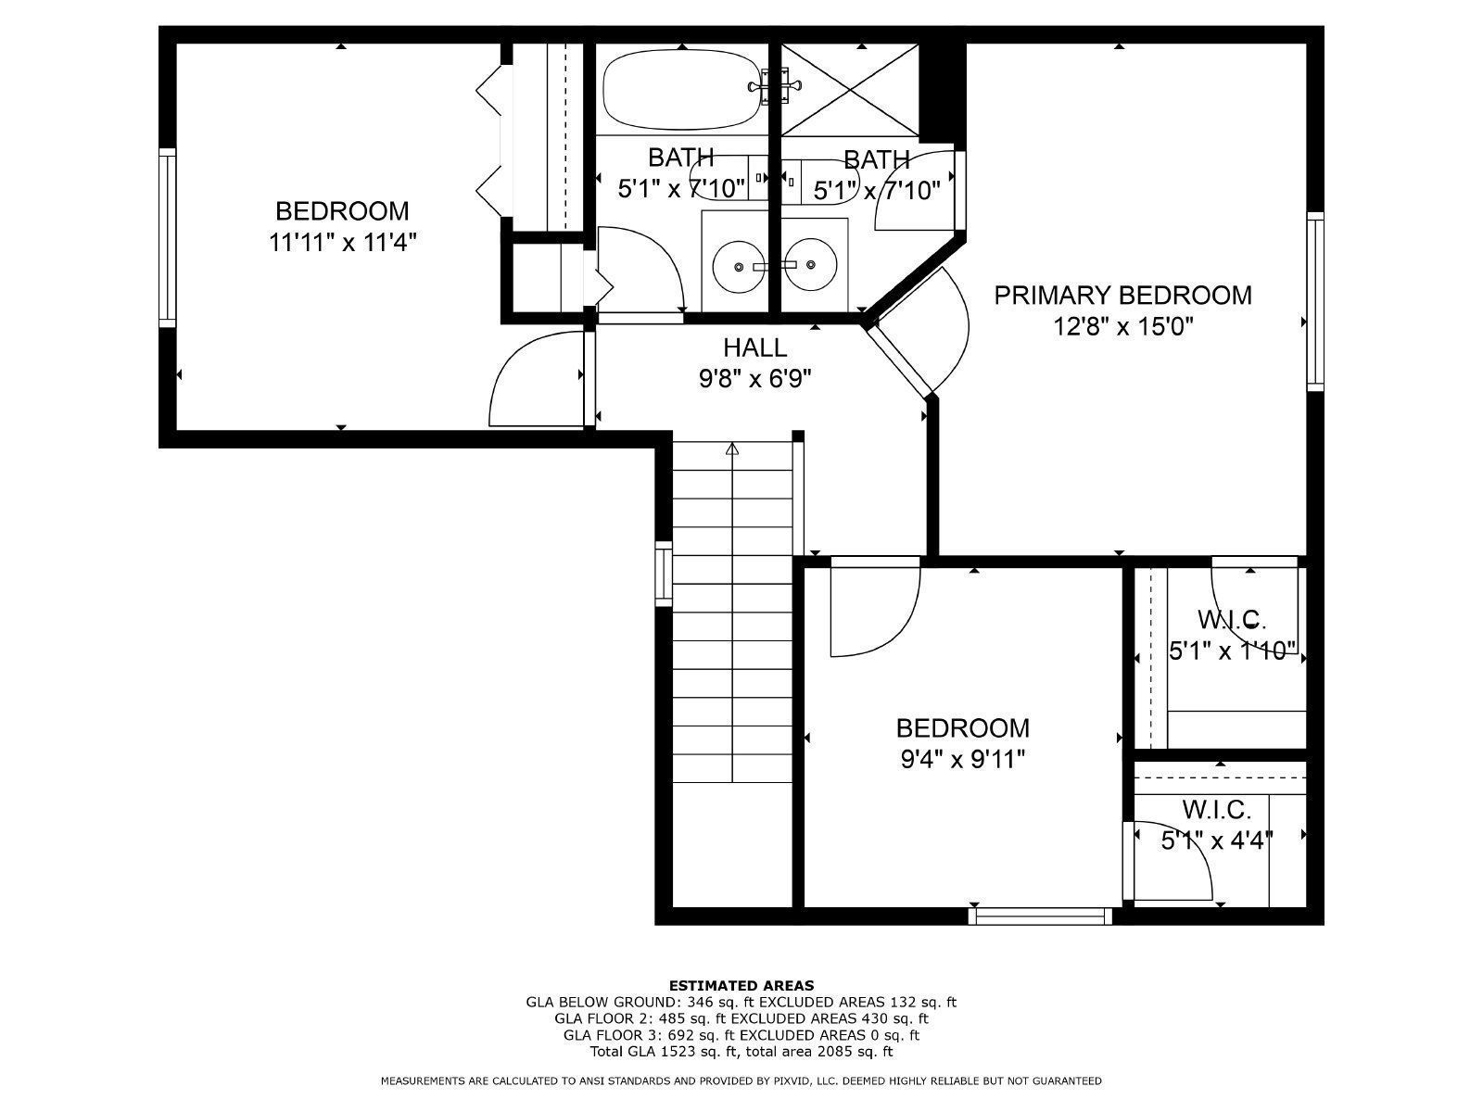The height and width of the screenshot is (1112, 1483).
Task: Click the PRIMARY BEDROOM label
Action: click(1122, 296)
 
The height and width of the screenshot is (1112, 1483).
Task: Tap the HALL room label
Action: click(754, 347)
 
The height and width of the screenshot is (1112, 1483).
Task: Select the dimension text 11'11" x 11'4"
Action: click(342, 242)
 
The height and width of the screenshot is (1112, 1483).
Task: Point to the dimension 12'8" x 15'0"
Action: click(1122, 327)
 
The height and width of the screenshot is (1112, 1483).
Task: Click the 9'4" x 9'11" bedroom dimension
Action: click(963, 760)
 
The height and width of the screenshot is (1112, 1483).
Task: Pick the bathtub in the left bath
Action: click(681, 92)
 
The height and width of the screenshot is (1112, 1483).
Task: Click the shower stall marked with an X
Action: click(850, 91)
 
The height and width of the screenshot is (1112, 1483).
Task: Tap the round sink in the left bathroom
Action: click(739, 267)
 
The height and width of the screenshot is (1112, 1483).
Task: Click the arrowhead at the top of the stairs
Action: click(732, 449)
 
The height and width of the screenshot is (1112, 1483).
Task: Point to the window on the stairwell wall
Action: click(664, 574)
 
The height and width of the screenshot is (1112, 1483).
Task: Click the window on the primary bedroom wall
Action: click(1314, 301)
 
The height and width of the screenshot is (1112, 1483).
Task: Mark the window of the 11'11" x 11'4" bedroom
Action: click(167, 237)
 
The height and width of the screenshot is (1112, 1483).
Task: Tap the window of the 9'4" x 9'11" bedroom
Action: click(1041, 916)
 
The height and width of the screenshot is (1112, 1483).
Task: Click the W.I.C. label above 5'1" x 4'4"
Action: click(1217, 809)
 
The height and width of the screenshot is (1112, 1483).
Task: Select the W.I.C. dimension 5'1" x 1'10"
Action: click(1232, 651)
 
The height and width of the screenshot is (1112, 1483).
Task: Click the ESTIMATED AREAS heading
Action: click(741, 985)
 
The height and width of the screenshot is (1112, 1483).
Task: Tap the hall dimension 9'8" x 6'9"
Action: click(754, 379)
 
